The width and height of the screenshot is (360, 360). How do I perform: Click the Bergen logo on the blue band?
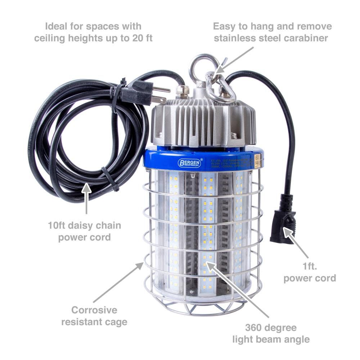click(x=190, y=163)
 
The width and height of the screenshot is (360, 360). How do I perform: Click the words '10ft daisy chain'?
click(x=85, y=226)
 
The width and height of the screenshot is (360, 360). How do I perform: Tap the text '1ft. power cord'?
click(x=310, y=272)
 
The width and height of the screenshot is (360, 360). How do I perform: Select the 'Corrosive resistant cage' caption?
click(x=94, y=315)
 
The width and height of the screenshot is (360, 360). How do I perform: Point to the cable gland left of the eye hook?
click(x=180, y=91)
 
